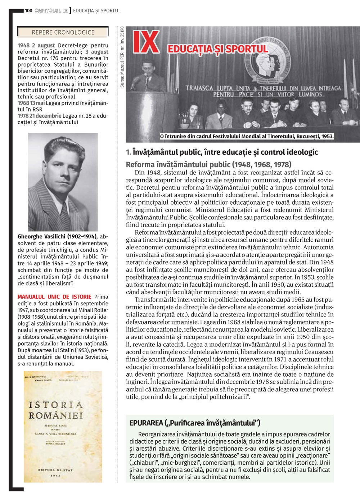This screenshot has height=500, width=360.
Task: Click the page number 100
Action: [x=28, y=11]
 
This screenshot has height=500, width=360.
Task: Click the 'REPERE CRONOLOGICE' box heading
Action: [x=63, y=32]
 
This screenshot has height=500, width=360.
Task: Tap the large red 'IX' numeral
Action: [x=146, y=42]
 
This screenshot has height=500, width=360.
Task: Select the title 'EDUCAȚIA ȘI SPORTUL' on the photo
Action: [x=218, y=49]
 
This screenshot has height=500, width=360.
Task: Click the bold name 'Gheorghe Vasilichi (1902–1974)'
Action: [x=57, y=237]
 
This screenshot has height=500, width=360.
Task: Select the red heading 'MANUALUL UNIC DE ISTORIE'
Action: [x=54, y=297]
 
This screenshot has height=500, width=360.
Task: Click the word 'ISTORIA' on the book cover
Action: [x=56, y=405]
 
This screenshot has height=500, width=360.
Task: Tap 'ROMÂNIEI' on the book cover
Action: [x=56, y=415]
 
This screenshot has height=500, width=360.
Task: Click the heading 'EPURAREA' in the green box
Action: [x=146, y=423]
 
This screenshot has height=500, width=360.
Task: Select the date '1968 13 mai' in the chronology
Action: [x=31, y=103]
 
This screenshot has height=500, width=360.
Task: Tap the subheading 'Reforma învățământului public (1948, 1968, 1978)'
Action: [x=209, y=165]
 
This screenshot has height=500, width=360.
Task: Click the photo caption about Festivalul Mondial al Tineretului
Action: [x=247, y=136]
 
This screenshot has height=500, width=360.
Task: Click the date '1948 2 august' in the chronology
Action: [x=36, y=46]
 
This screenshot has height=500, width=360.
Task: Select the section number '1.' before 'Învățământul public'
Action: [x=129, y=152]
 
